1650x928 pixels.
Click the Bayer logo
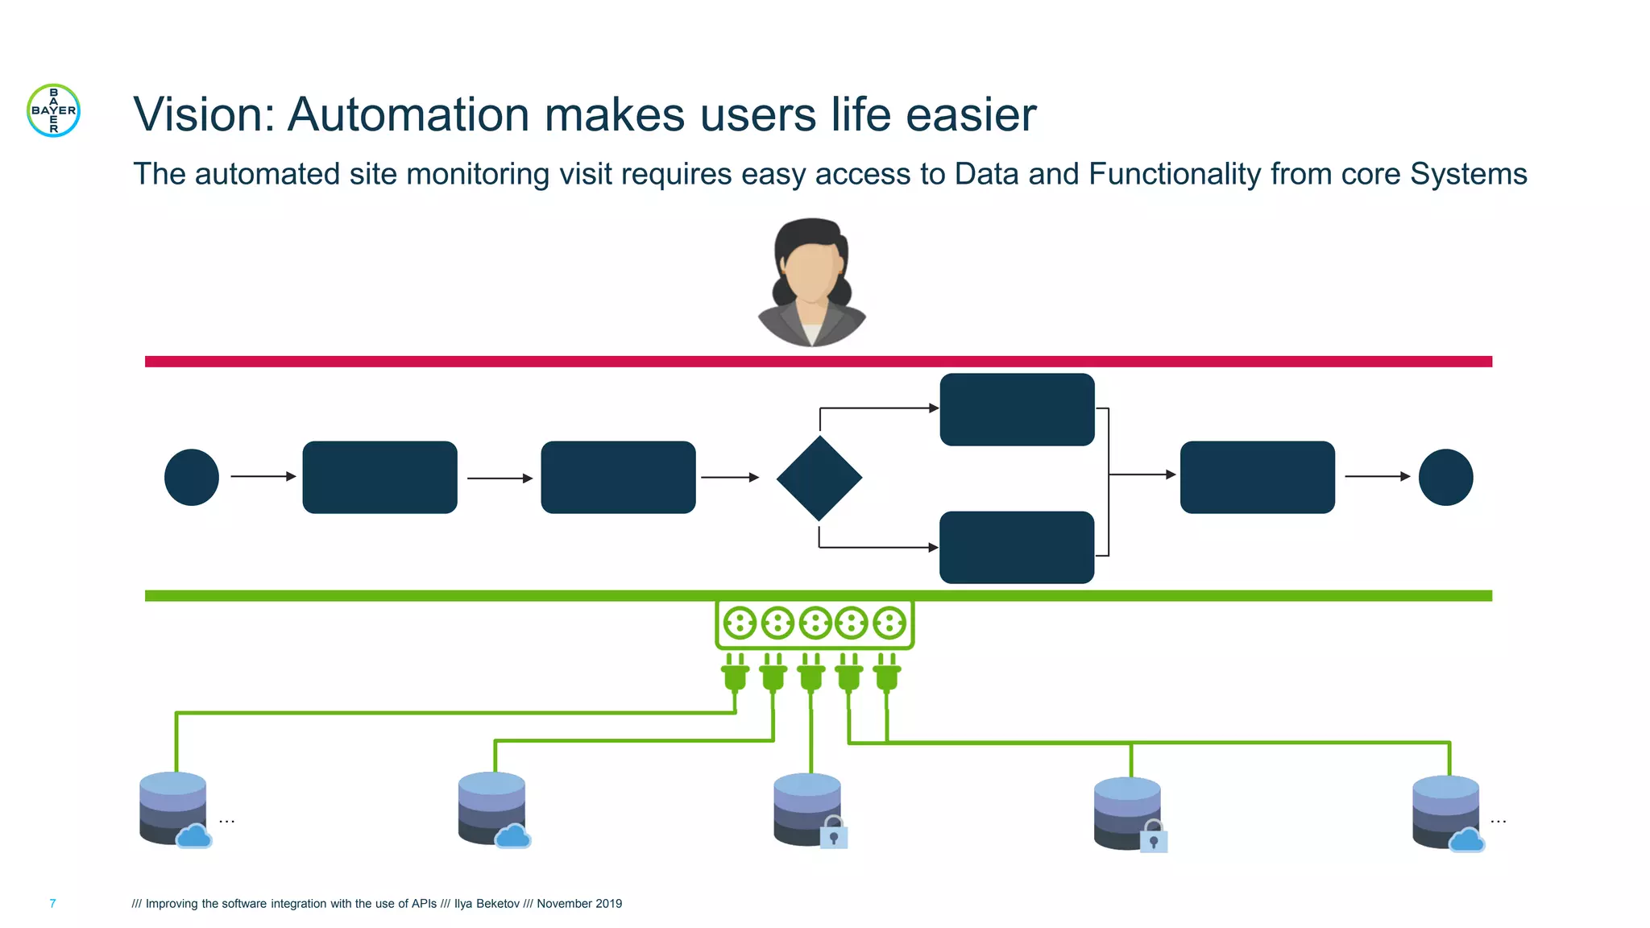point(54,110)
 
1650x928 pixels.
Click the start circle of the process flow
point(192,477)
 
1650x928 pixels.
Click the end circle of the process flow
point(1445,477)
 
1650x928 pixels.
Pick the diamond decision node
point(819,478)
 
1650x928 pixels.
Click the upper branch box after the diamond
point(1017,409)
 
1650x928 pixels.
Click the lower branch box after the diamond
point(1017,547)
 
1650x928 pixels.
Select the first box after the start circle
point(379,477)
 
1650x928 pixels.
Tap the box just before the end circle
point(1257,477)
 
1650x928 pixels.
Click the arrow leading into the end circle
point(1377,476)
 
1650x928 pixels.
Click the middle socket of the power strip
point(815,623)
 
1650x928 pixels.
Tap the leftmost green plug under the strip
point(735,673)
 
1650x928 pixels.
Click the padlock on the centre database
point(834,834)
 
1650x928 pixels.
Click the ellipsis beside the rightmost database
point(1498,821)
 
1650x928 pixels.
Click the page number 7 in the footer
point(52,903)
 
